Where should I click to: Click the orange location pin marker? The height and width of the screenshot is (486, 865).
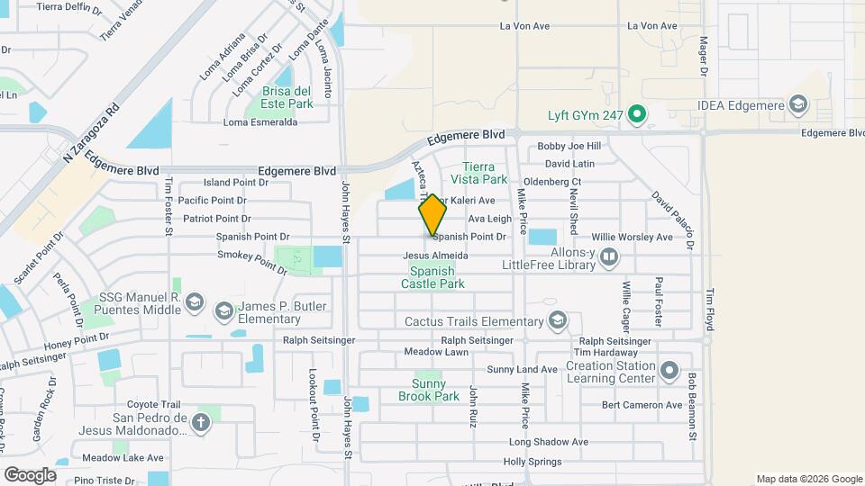432,215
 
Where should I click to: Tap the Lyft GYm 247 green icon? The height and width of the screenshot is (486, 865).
638,114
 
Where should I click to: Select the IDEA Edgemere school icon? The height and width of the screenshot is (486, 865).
797,105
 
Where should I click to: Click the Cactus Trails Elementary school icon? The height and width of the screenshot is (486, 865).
558,321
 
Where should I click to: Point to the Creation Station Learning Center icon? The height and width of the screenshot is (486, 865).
669,371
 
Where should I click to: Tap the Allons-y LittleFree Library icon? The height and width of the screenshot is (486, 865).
610,259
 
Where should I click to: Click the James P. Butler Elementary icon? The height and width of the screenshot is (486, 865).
223,311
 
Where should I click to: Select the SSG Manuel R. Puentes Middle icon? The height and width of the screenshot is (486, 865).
194,305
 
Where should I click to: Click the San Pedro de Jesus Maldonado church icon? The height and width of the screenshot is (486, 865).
200,421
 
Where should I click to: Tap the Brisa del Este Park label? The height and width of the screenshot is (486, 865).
287,97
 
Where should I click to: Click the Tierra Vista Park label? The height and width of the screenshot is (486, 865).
486,173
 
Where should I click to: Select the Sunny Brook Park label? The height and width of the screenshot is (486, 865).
429,390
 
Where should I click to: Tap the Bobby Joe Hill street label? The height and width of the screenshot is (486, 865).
569,147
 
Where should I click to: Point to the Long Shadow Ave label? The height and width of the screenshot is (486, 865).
548,442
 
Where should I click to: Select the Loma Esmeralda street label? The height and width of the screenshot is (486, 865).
260,122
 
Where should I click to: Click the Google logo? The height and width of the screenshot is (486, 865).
30,474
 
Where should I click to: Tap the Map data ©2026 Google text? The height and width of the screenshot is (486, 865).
808,479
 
